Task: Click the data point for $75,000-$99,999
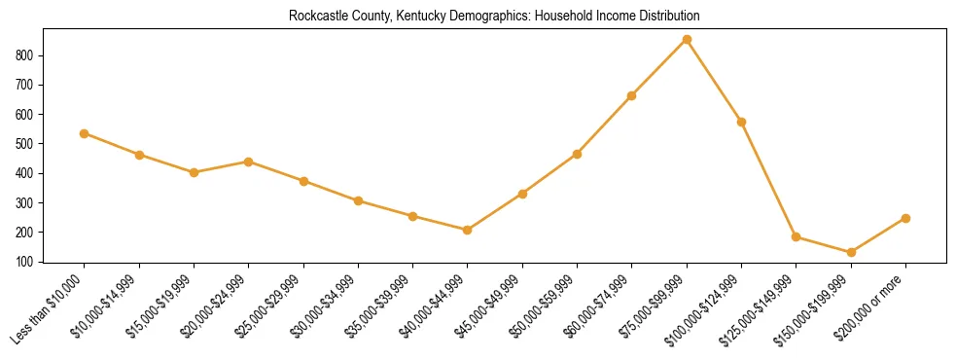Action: pos(687,39)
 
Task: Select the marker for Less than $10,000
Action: pos(85,133)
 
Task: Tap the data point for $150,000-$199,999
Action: pos(851,252)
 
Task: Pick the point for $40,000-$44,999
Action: pos(468,230)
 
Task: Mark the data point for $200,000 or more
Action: pos(905,218)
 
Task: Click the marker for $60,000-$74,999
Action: pos(632,95)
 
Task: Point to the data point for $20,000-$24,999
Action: pos(249,162)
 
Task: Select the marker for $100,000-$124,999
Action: pos(741,122)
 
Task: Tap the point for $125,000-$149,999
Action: pos(797,236)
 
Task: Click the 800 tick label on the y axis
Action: pos(26,55)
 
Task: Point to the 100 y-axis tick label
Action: pos(26,262)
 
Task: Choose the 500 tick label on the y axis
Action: pos(26,144)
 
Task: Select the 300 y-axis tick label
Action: pos(26,202)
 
